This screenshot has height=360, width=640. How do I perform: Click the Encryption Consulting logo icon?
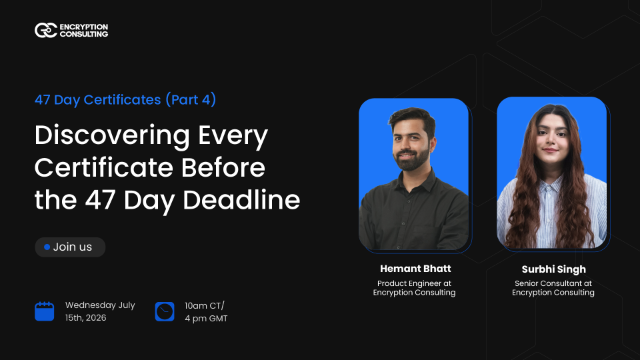[45, 31]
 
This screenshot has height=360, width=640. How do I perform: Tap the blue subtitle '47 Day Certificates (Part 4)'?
[125, 100]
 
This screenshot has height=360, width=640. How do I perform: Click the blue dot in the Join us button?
[46, 247]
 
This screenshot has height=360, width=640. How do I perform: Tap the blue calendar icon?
[45, 311]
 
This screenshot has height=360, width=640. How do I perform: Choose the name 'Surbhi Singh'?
[552, 268]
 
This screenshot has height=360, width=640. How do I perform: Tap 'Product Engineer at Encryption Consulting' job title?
[413, 287]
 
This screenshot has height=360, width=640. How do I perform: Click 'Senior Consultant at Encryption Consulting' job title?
[552, 287]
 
